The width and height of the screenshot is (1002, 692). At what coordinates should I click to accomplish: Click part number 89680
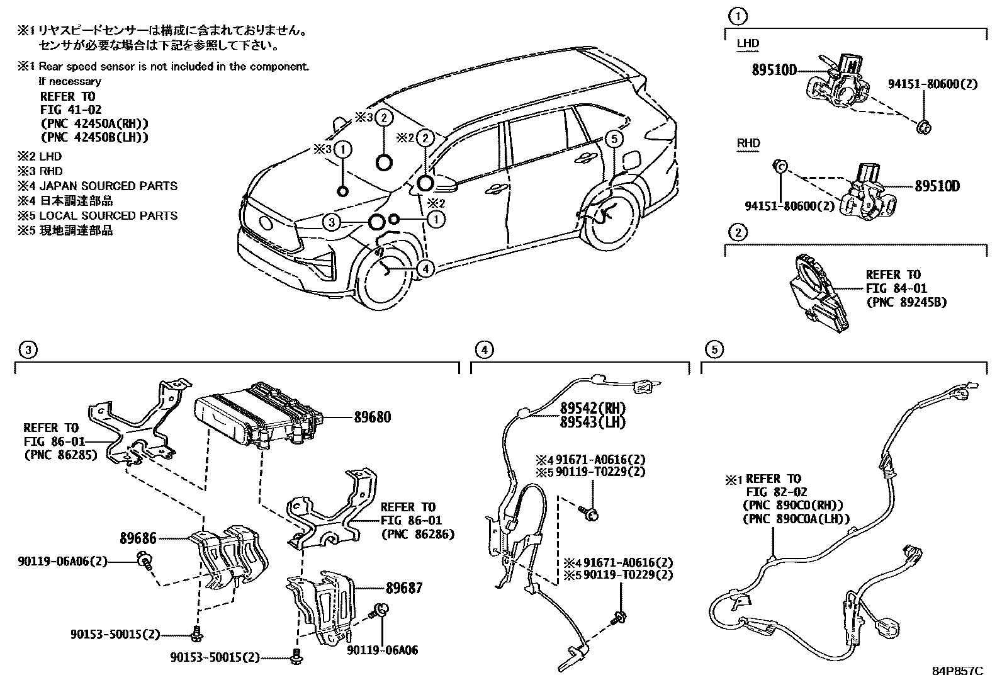[x=371, y=417]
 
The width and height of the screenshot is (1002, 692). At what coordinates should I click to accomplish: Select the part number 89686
[x=137, y=538]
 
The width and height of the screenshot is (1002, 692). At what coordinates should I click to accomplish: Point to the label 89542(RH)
[x=593, y=408]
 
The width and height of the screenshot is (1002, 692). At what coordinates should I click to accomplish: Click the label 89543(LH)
[x=593, y=423]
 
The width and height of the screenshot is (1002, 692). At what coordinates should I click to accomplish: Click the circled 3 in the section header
[x=26, y=349]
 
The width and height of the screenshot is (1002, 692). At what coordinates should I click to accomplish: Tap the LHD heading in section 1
[x=748, y=43]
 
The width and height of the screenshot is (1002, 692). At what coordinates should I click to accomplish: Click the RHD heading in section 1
[x=748, y=143]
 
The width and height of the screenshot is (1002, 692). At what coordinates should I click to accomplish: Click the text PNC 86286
[x=417, y=535]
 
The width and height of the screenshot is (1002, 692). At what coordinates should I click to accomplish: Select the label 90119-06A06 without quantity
[x=382, y=650]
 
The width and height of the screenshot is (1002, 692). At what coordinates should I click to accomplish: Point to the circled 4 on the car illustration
[x=425, y=269]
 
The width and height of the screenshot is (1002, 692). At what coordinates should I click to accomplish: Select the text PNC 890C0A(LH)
[x=796, y=519]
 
